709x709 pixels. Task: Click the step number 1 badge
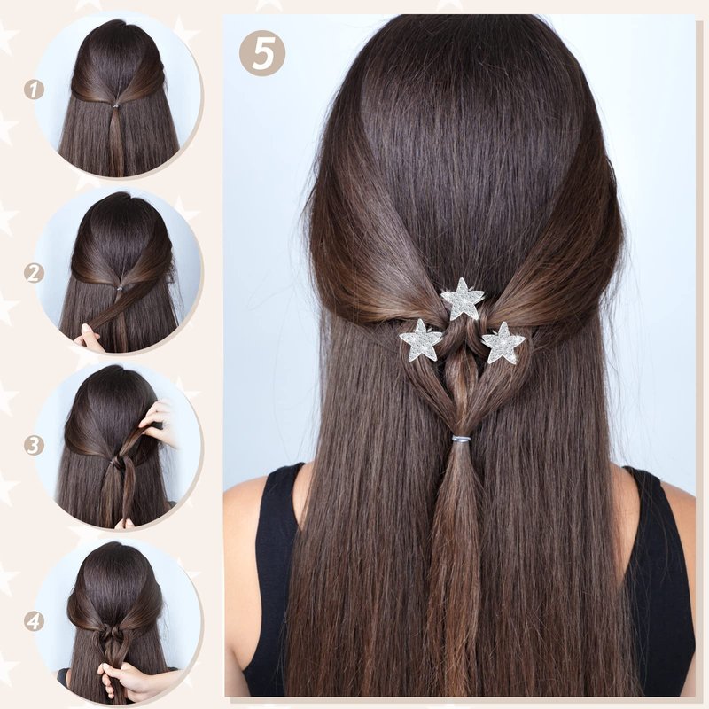tap(34, 90)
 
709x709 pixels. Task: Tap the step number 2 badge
tap(34, 273)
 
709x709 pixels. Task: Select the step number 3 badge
tap(34, 446)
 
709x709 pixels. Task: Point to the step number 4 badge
tap(34, 621)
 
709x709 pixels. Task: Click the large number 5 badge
tap(262, 52)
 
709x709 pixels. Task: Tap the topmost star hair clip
tap(463, 299)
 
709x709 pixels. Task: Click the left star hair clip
tap(420, 340)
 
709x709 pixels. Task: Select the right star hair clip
tap(503, 342)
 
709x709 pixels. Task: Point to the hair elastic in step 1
tap(116, 105)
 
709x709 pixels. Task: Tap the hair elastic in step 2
tap(120, 288)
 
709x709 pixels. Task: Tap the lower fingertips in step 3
tap(124, 524)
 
